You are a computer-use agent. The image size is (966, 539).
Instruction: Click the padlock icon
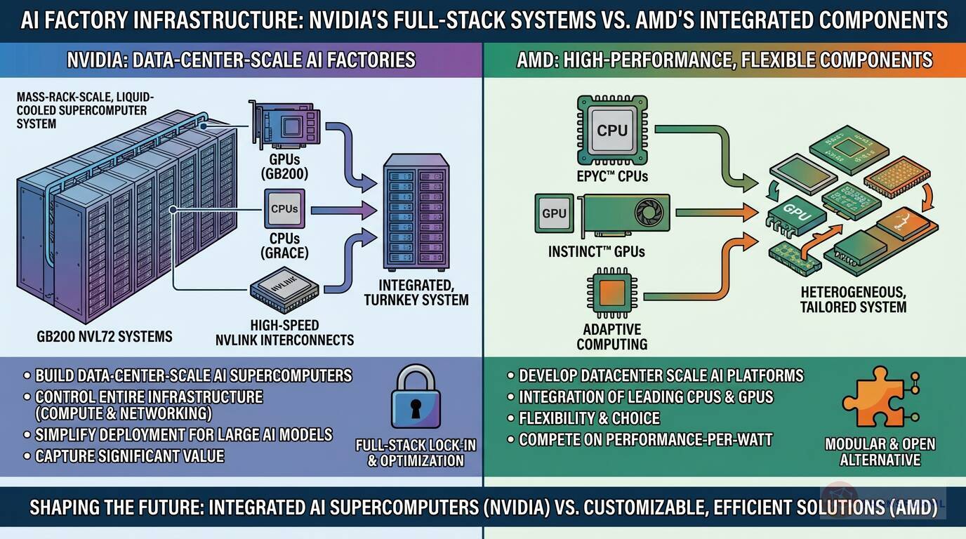click(416, 400)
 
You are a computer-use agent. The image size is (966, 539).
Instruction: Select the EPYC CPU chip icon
click(612, 131)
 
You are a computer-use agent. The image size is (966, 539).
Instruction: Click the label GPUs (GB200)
click(284, 164)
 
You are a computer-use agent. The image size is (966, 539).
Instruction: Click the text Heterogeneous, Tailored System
click(853, 299)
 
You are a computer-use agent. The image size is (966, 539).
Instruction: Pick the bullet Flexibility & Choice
click(589, 419)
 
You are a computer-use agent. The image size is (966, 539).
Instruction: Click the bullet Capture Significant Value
click(130, 456)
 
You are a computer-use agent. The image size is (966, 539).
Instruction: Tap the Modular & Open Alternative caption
click(880, 452)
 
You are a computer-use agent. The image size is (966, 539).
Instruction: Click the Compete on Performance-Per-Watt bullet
click(645, 441)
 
